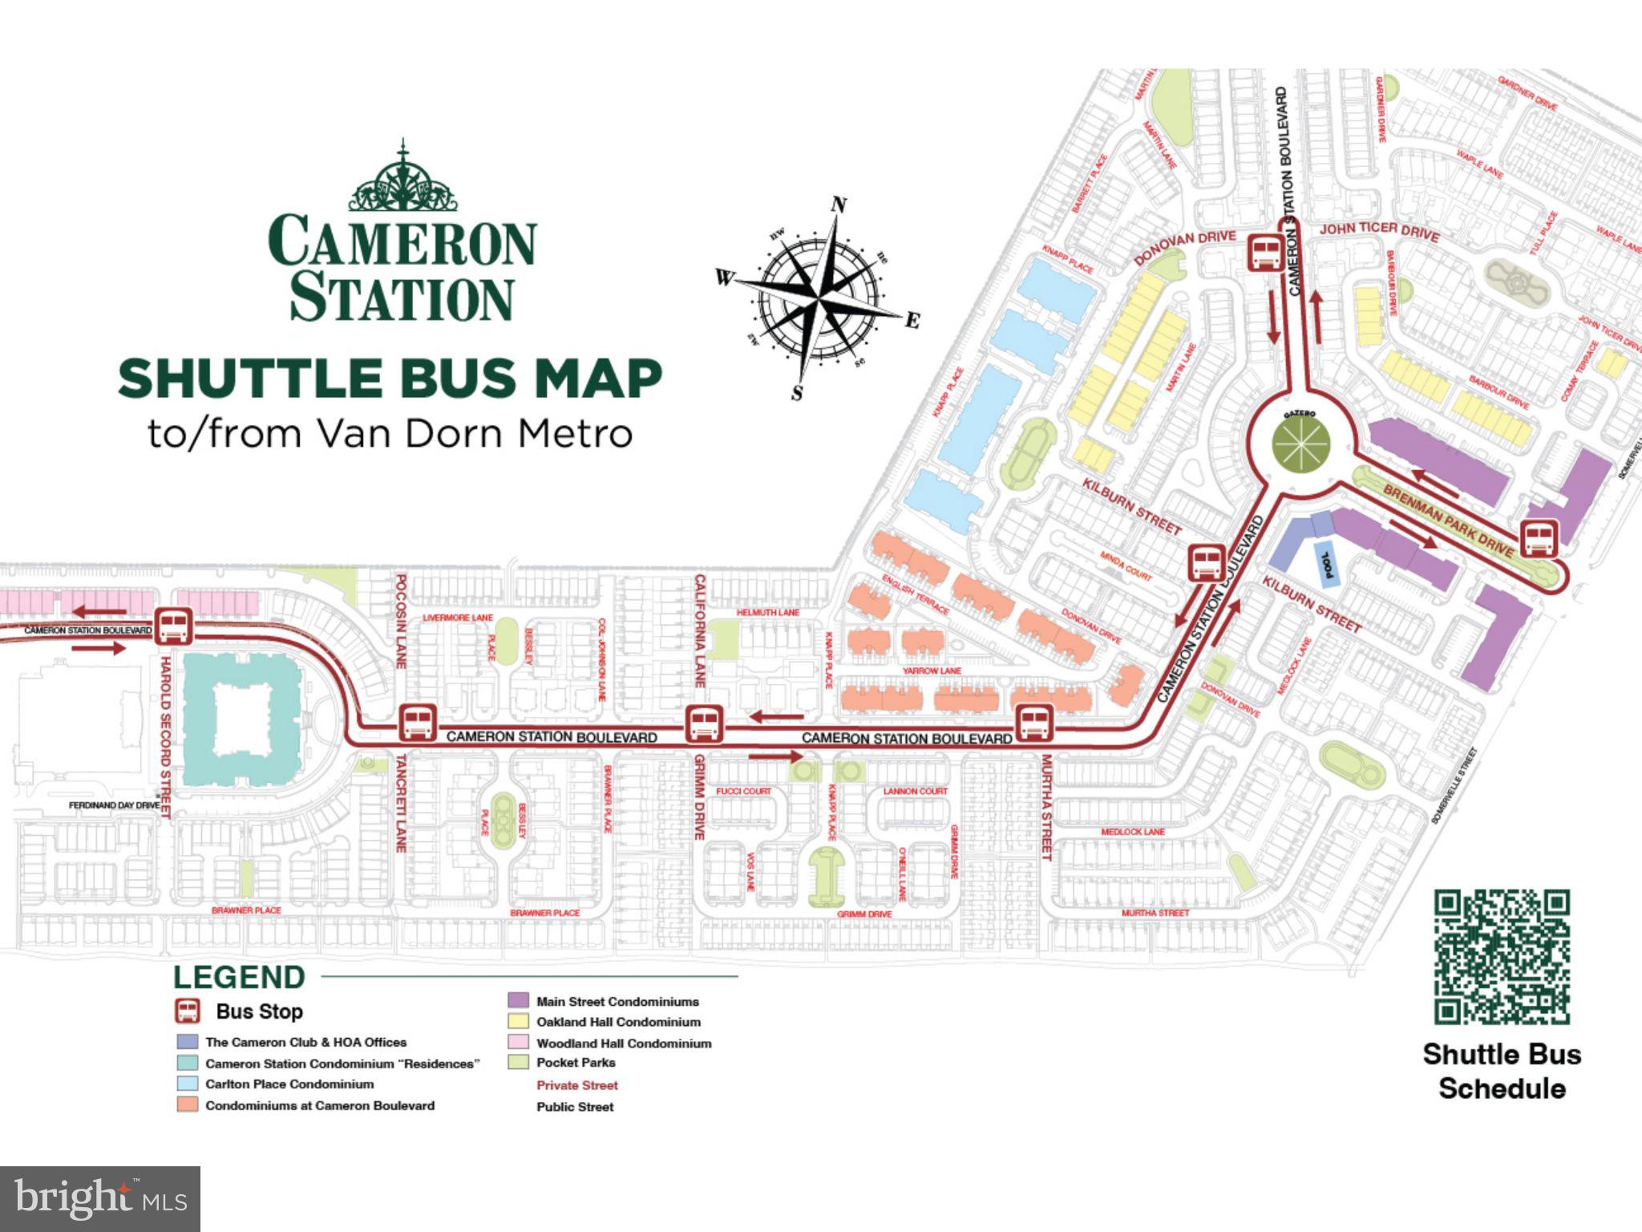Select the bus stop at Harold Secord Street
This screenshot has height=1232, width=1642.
point(173,626)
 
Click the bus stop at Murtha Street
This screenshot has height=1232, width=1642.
point(1034,723)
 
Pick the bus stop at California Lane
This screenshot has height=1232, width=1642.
point(704,724)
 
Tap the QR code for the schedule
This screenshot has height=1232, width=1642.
point(1501,956)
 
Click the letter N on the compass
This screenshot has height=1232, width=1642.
point(839,205)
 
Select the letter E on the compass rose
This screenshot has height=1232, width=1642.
point(912,321)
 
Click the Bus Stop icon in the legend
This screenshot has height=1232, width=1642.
point(188,1011)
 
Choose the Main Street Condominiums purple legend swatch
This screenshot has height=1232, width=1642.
point(518,1001)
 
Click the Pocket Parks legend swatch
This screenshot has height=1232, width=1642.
point(518,1063)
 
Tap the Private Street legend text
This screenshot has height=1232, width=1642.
point(577,1085)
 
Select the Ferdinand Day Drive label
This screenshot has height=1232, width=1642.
point(114,804)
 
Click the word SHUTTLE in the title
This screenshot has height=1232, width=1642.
point(249,379)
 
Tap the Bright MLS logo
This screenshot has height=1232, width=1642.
point(100,1198)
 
